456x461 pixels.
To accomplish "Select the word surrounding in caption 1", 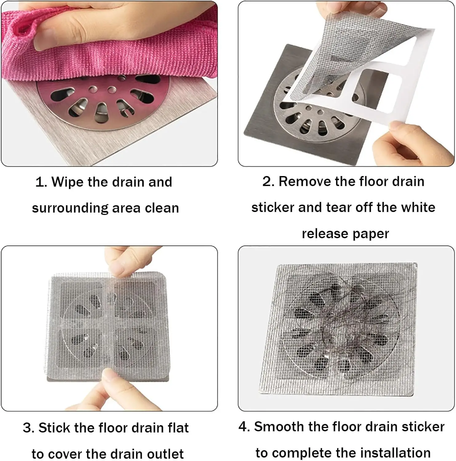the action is coord(70,208).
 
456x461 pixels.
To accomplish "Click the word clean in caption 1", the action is coord(162,208).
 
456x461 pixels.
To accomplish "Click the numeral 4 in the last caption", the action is coord(243,427).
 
